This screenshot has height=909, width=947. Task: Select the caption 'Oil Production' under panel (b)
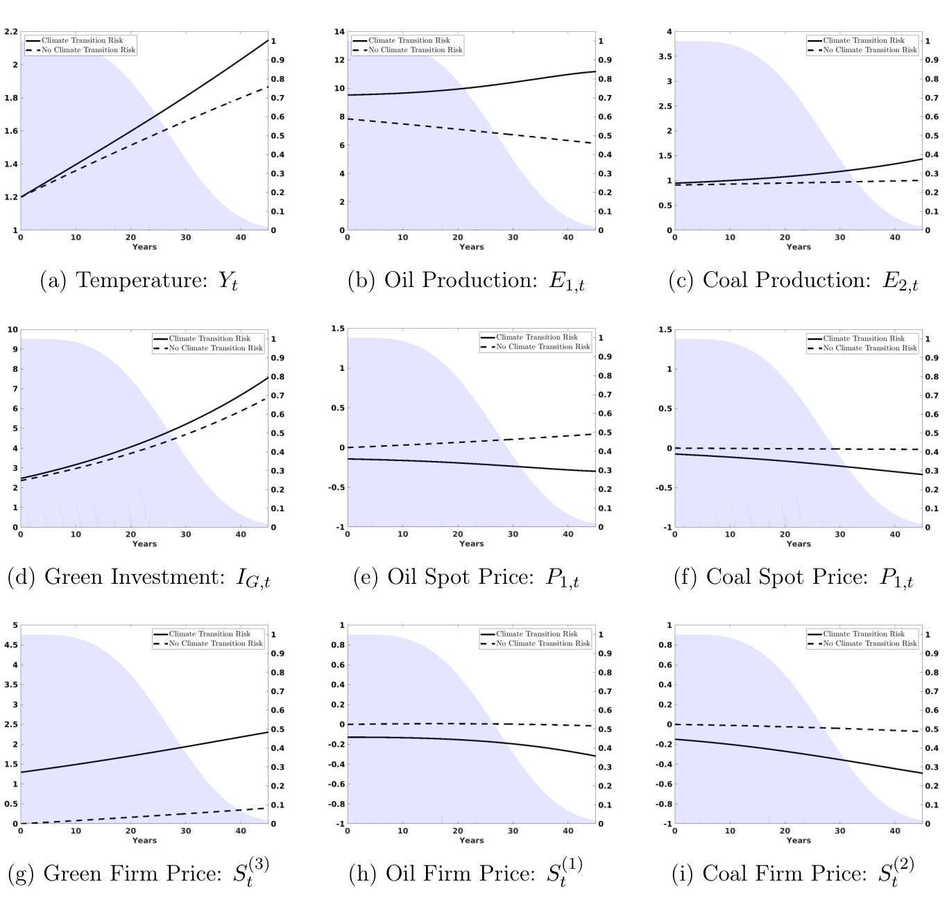pyautogui.click(x=466, y=280)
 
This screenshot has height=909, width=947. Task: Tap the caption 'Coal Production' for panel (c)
pyautogui.click(x=794, y=280)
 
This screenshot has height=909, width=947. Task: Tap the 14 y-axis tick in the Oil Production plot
pyautogui.click(x=339, y=32)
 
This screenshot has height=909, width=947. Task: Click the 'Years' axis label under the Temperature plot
pyautogui.click(x=144, y=247)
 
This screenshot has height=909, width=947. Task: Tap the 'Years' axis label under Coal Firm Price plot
pyautogui.click(x=799, y=840)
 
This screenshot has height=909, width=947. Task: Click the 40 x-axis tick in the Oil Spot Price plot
pyautogui.click(x=568, y=535)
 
